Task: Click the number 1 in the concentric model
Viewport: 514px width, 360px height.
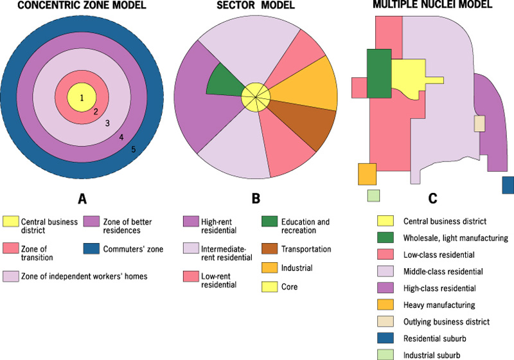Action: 82,98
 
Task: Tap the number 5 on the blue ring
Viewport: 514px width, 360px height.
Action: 133,150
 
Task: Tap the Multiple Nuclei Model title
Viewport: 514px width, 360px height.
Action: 432,5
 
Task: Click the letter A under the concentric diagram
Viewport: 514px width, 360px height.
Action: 82,199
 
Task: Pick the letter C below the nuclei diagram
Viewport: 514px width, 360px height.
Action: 432,199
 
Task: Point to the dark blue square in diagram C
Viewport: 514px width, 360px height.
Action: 508,185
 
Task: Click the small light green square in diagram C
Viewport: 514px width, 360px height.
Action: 373,195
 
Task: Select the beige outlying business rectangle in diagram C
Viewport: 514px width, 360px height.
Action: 479,123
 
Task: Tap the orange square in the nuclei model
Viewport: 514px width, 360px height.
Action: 366,174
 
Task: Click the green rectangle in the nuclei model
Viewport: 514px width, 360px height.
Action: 379,73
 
